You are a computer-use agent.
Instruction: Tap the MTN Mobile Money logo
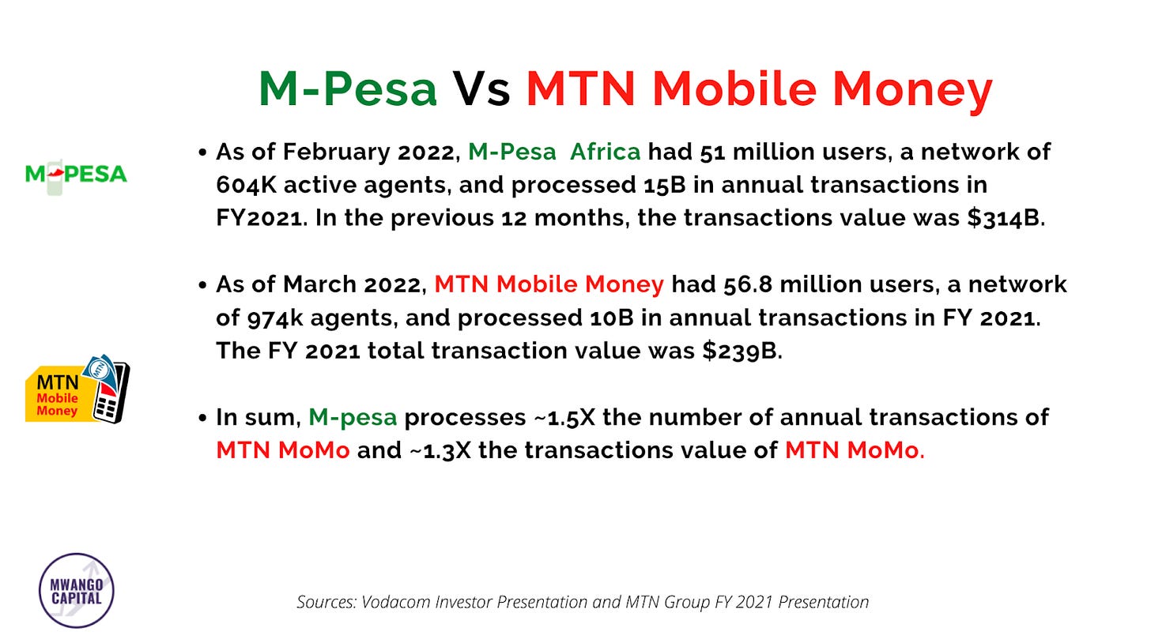coord(77,389)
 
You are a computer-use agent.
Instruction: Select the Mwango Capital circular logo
coord(77,590)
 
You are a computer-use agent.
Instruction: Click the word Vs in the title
coord(481,88)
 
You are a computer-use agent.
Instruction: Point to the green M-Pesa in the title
coord(348,88)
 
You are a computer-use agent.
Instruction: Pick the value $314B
coord(1005,218)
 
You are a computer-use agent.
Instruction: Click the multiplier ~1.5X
coord(564,417)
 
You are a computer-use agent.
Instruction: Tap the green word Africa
coord(605,152)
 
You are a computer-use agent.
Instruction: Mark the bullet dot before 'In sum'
coord(203,418)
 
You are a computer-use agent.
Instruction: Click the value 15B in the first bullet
coord(661,185)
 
